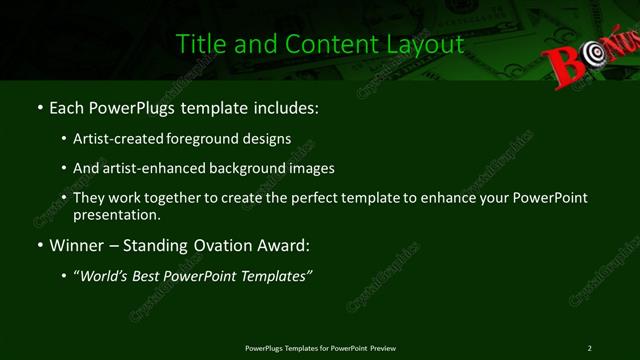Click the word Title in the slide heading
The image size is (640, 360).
(x=198, y=44)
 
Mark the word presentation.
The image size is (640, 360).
(x=116, y=214)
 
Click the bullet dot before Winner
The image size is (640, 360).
(x=39, y=245)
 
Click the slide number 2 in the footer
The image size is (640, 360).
(x=590, y=347)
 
